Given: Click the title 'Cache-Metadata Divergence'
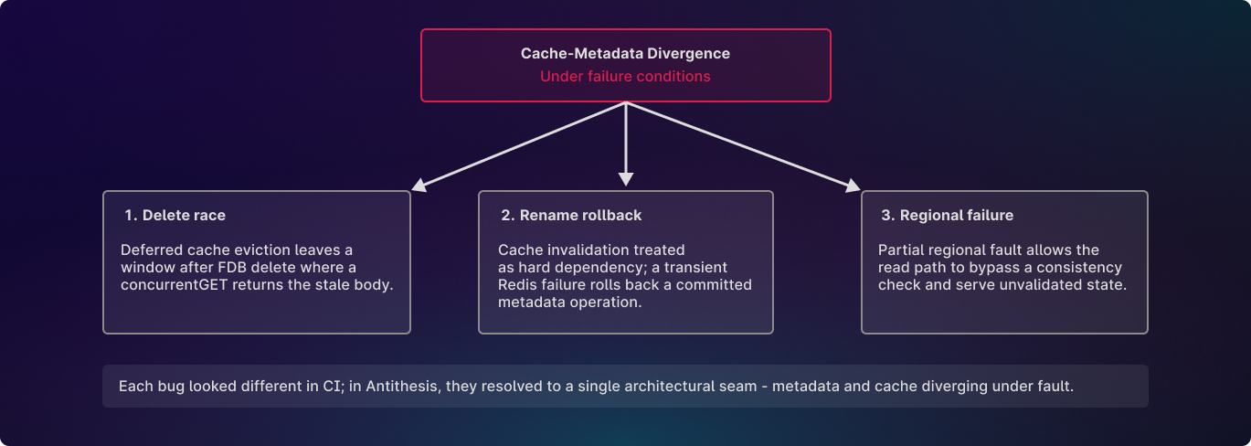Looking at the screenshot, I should pos(625,54).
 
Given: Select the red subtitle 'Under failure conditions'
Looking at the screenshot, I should pos(625,77).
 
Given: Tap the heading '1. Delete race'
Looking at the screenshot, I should pos(175,216).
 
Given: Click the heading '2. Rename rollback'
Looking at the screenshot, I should pos(571,216).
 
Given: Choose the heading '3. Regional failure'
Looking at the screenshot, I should pos(946,216).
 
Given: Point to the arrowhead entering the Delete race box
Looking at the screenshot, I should pos(419,186).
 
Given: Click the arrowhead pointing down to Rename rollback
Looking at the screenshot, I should pos(626,179).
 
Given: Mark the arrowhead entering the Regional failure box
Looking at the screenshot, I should pos(853,186).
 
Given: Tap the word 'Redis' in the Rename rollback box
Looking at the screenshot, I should pos(519,285).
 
